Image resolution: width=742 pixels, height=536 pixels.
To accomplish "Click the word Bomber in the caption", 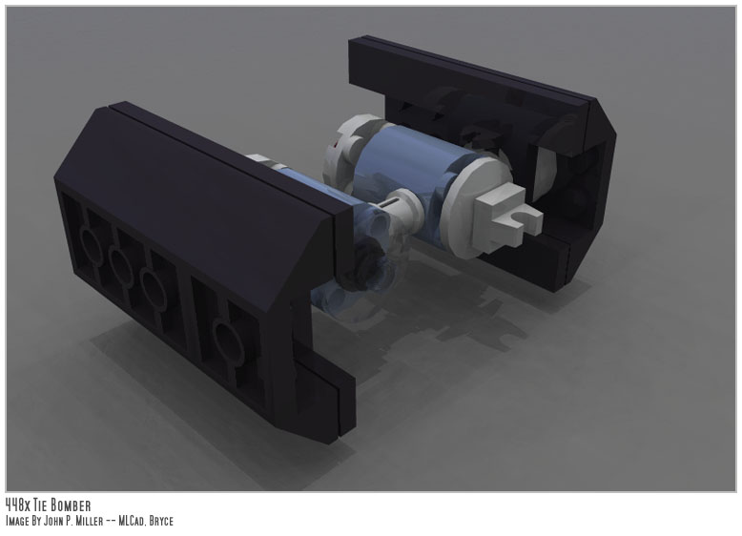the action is tap(70, 505).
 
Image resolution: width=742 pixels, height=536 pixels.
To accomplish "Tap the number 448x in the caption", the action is tap(17, 505).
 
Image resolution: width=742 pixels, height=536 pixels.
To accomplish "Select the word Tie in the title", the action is tap(40, 505).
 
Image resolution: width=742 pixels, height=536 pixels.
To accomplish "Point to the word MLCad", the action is tap(132, 522).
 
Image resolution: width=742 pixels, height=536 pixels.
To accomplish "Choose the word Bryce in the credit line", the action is tap(161, 522).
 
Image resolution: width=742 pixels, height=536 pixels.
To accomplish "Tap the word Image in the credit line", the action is tap(17, 522).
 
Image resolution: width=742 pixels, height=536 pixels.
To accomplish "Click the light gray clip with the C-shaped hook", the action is tap(507, 216).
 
